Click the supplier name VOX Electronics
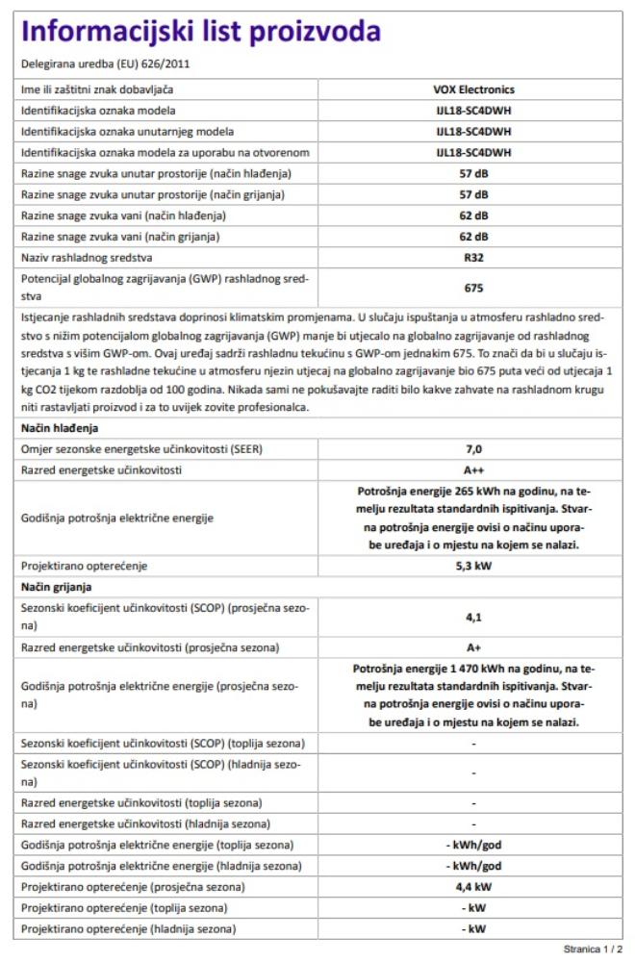coord(473,89)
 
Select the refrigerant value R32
coord(473,258)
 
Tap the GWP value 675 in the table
coord(473,288)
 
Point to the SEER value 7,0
coord(473,449)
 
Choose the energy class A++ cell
coord(473,470)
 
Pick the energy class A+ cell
coord(473,648)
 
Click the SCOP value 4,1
coord(473,618)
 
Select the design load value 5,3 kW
coord(473,566)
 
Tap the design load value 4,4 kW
coord(473,887)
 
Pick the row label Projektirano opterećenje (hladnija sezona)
coord(130,929)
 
